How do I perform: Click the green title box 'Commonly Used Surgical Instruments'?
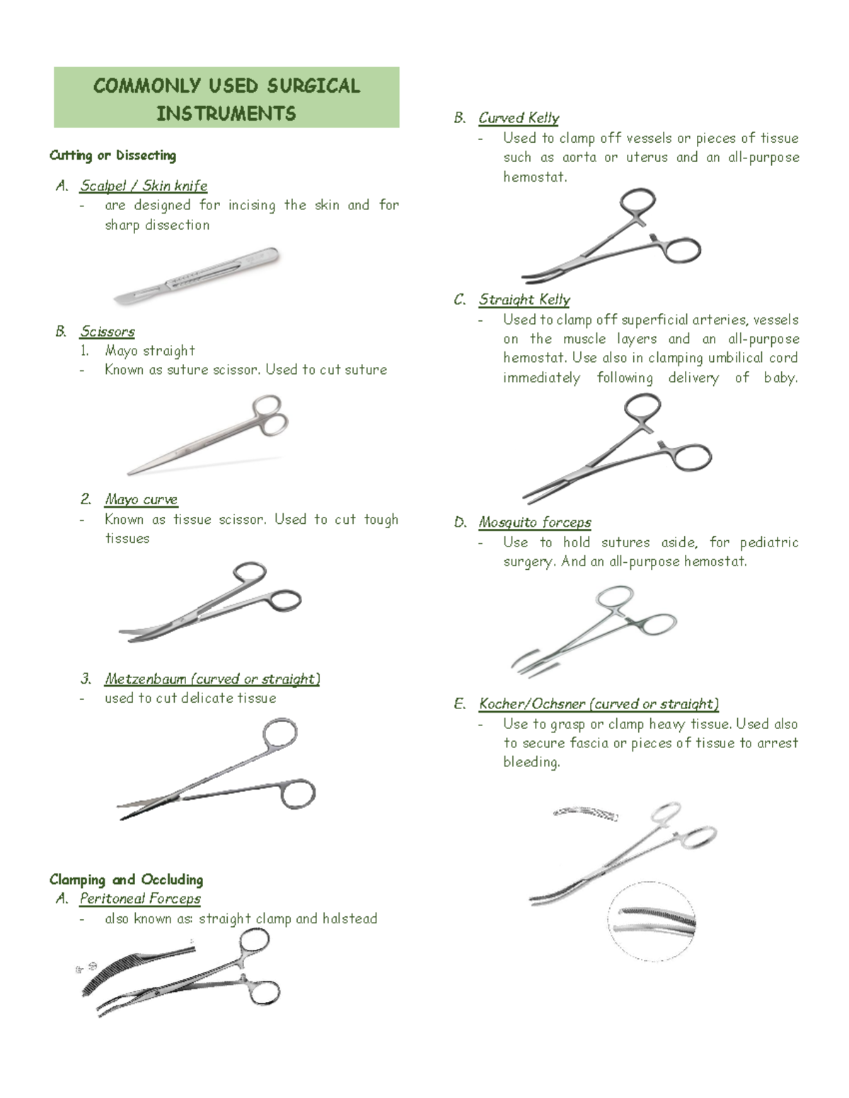click(x=226, y=98)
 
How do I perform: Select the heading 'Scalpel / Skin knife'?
click(x=144, y=186)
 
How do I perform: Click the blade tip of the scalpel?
click(x=119, y=301)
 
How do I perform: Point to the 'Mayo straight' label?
click(x=149, y=351)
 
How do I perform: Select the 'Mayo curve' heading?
click(x=141, y=500)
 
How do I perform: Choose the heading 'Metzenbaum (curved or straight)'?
click(x=212, y=679)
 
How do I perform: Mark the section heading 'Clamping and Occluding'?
click(x=126, y=880)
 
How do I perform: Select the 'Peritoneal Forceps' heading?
click(x=140, y=899)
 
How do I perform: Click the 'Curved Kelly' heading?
click(x=519, y=118)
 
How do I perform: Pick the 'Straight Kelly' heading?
click(x=524, y=300)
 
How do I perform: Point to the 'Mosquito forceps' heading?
click(x=535, y=522)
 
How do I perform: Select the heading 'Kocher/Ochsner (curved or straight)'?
click(x=599, y=704)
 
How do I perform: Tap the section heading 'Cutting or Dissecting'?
click(x=112, y=156)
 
